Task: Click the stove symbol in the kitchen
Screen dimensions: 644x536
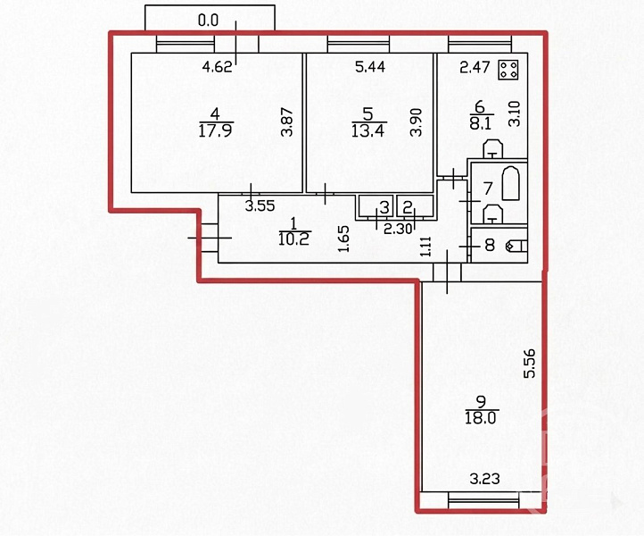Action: pyautogui.click(x=508, y=70)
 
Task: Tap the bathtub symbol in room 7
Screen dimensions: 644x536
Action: pyautogui.click(x=510, y=183)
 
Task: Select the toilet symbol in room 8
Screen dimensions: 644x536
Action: pyautogui.click(x=516, y=246)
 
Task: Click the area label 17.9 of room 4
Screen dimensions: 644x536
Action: pyautogui.click(x=216, y=131)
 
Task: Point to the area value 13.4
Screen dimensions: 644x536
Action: pyautogui.click(x=367, y=130)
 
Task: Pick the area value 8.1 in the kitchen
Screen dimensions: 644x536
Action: pyautogui.click(x=481, y=122)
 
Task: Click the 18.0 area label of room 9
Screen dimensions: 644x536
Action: pyautogui.click(x=481, y=418)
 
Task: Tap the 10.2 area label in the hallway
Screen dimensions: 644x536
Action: pyautogui.click(x=293, y=239)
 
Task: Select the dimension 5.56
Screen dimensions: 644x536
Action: pyautogui.click(x=530, y=364)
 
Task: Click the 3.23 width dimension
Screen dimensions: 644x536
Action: pyautogui.click(x=484, y=479)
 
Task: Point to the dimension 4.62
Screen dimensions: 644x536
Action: pyautogui.click(x=218, y=66)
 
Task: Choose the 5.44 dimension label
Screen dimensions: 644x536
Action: pyautogui.click(x=370, y=66)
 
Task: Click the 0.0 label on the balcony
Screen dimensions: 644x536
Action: pyautogui.click(x=208, y=21)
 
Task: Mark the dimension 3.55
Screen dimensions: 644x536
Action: pyautogui.click(x=260, y=205)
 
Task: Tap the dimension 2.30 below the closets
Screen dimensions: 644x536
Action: pyautogui.click(x=398, y=229)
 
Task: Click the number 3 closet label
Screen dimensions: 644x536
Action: pyautogui.click(x=384, y=207)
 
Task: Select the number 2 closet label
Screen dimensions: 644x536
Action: pyautogui.click(x=407, y=207)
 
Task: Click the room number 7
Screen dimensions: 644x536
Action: pyautogui.click(x=488, y=188)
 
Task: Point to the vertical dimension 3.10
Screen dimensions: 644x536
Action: pyautogui.click(x=516, y=113)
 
